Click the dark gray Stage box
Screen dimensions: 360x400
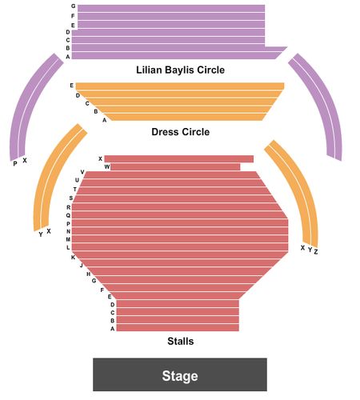180,374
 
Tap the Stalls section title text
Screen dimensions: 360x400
181,341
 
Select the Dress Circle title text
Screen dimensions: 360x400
181,132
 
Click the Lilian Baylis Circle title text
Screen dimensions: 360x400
181,70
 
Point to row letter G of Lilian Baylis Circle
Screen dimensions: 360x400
74,6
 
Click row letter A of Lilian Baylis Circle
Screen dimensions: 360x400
68,57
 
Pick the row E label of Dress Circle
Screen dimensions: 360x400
71,86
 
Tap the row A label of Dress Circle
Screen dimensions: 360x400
105,120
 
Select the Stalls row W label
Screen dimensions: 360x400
107,167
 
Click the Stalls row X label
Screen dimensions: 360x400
100,158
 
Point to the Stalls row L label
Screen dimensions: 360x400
68,247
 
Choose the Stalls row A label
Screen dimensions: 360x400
113,329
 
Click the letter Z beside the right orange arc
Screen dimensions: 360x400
316,251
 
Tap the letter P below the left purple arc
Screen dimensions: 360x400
15,164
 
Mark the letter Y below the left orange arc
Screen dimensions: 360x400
41,234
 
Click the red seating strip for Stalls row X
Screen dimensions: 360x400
179,159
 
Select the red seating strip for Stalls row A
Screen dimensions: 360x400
178,328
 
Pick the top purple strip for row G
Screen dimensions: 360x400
171,8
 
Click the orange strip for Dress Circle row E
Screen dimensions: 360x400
180,86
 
